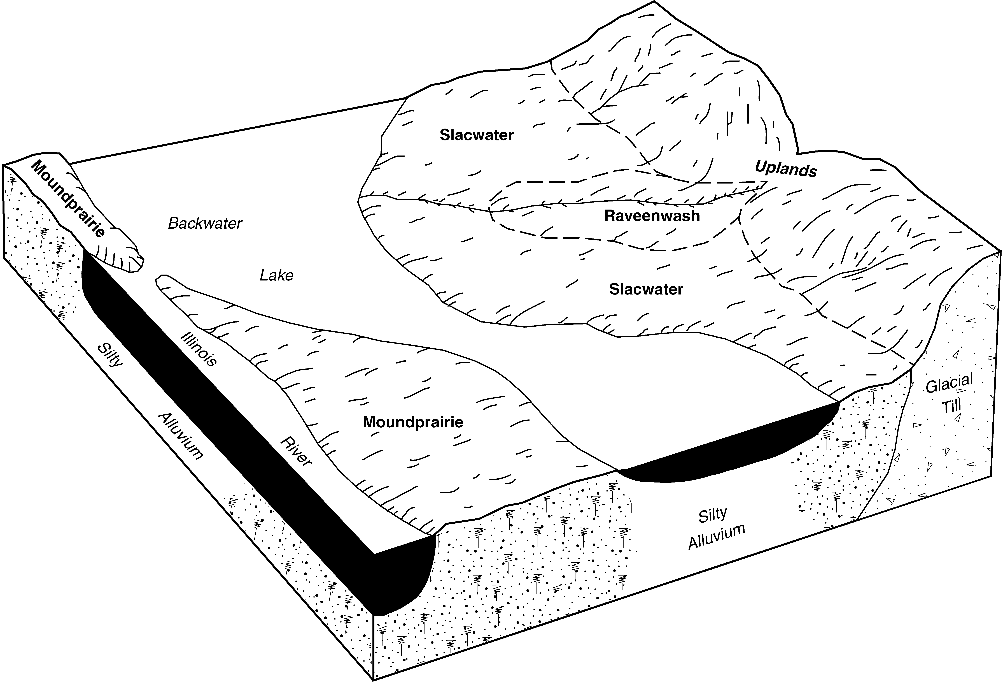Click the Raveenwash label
coord(652,216)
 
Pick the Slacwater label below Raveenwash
coord(646,289)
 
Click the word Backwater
coord(205,223)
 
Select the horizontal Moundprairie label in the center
coord(413,422)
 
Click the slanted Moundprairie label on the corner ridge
coord(69,199)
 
